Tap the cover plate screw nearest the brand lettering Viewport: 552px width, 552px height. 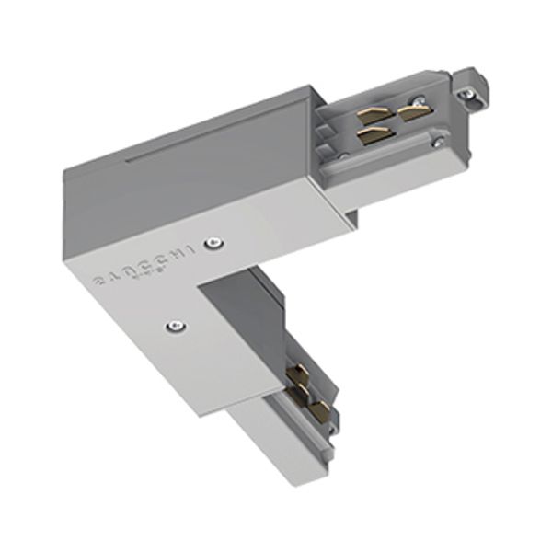point(213,244)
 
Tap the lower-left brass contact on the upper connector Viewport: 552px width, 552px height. point(372,135)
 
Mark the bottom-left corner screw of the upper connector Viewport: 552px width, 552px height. point(343,155)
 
